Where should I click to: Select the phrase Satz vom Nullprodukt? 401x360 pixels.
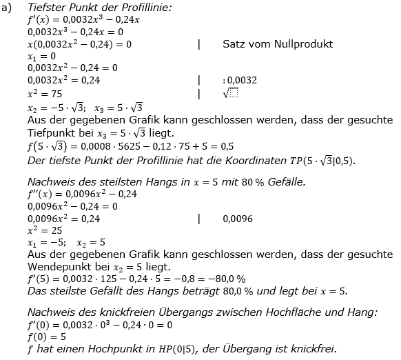(x=278, y=43)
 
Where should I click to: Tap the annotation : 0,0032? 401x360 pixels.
(x=240, y=80)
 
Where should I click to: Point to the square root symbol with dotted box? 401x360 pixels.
(x=230, y=92)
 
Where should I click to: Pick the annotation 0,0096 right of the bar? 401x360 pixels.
(x=238, y=219)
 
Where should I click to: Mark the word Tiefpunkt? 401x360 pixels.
(x=54, y=132)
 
